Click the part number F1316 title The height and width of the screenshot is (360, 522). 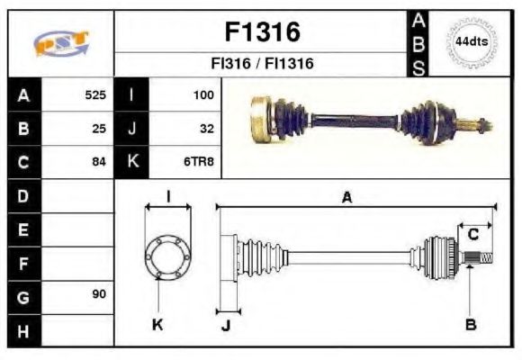[x=262, y=33]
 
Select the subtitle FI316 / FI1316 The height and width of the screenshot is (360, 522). [x=262, y=65]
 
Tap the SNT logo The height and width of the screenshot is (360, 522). [x=60, y=43]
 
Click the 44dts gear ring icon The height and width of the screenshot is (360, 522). [x=471, y=42]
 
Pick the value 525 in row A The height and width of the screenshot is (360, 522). [x=95, y=94]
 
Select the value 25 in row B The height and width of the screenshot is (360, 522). [x=99, y=129]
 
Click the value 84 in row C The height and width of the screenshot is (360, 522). [x=99, y=163]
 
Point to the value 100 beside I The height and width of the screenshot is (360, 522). [x=202, y=94]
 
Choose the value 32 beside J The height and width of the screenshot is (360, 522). [x=206, y=129]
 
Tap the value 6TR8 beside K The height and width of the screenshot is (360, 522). [x=200, y=163]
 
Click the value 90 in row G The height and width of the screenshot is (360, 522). [x=99, y=295]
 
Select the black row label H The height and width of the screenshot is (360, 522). [x=22, y=330]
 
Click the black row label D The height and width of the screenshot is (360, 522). [x=22, y=195]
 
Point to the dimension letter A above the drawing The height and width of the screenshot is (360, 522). [x=346, y=197]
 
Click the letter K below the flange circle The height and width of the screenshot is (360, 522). [x=157, y=325]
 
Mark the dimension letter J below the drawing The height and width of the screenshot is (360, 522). [x=226, y=326]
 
